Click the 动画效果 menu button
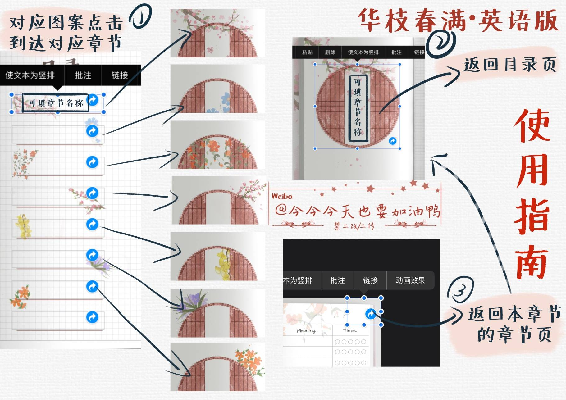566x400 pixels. coord(410,280)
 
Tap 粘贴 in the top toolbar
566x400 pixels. coord(307,52)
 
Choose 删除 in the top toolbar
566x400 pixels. coord(330,52)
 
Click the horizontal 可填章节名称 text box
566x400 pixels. coord(56,103)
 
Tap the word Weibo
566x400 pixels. coord(282,196)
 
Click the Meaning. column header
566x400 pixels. coord(306,331)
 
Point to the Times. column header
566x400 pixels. coord(350,330)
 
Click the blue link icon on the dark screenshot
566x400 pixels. coord(370,314)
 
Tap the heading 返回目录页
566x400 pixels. coord(509,65)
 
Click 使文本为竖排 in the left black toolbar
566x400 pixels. coord(30,75)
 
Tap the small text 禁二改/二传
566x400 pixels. coord(354,226)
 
